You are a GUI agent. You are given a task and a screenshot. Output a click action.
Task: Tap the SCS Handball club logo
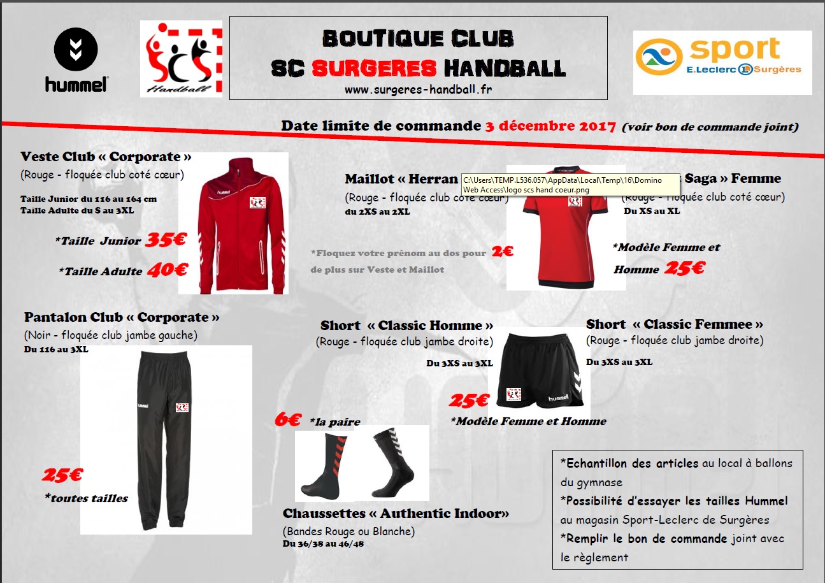[181, 59]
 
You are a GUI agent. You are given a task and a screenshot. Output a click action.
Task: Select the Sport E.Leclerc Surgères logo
[722, 62]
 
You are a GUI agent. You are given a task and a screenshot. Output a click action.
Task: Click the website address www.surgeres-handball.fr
[418, 90]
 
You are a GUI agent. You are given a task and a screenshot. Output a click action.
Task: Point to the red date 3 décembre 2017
[550, 126]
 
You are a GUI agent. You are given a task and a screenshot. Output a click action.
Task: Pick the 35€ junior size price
[166, 240]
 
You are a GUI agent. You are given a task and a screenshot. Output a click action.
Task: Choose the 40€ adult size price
[167, 270]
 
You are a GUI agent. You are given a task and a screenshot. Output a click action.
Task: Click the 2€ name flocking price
[503, 252]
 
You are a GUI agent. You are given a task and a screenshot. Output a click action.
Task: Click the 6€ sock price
[288, 420]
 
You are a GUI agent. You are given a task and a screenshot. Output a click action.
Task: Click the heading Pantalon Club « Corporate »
[122, 317]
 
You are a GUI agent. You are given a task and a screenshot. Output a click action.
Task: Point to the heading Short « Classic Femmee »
[674, 324]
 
